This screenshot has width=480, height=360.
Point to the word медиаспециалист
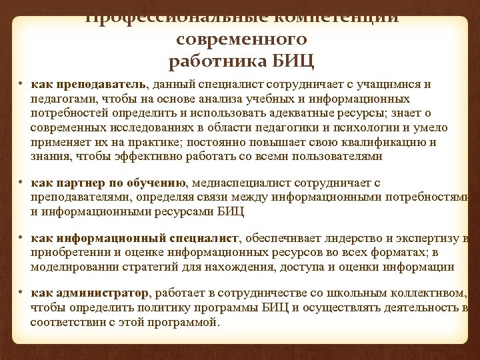[x=238, y=183]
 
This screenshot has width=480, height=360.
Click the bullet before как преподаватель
[x=21, y=85]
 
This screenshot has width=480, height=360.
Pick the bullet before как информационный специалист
[x=21, y=237]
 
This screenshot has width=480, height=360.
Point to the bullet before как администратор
[x=21, y=292]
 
